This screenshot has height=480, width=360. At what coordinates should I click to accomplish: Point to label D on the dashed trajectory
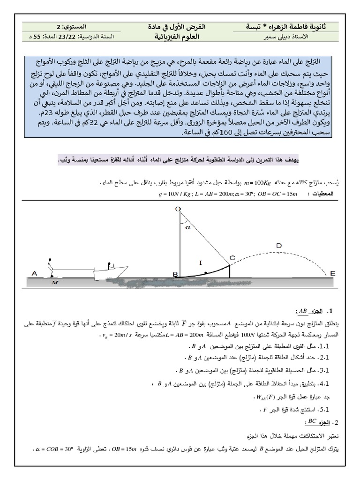(x=279, y=245)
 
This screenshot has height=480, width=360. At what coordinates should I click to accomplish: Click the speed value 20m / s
(x=119, y=335)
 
